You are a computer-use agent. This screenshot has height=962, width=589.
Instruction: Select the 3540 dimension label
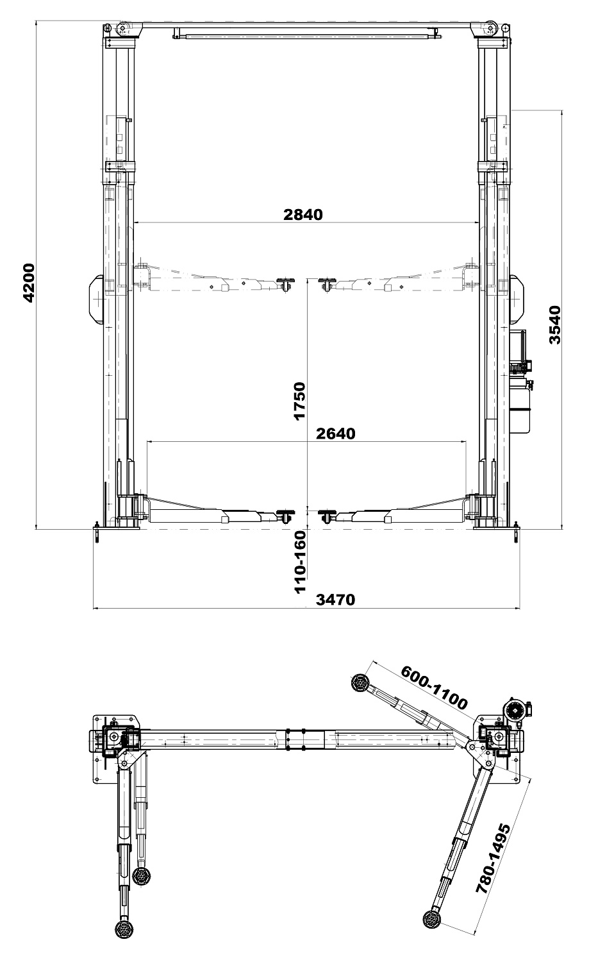554,325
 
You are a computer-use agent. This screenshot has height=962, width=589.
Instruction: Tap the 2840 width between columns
303,214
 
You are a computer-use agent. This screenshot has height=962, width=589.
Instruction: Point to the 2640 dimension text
336,434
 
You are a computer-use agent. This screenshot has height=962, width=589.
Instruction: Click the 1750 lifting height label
299,401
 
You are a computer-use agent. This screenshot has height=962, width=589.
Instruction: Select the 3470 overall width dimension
335,599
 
